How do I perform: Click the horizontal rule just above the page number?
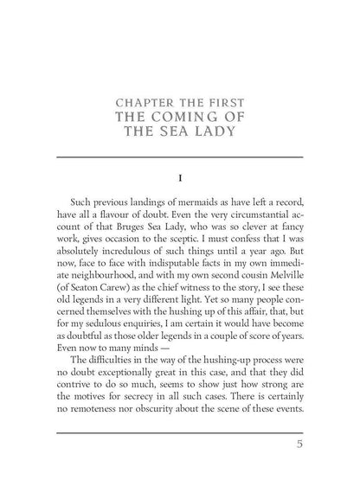click(179, 435)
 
